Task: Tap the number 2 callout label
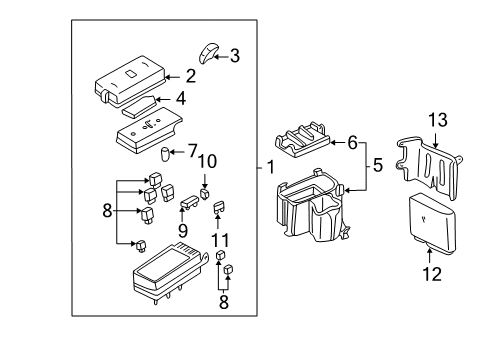pyautogui.click(x=190, y=75)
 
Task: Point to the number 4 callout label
pyautogui.click(x=181, y=98)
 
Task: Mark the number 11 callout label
pyautogui.click(x=222, y=239)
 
